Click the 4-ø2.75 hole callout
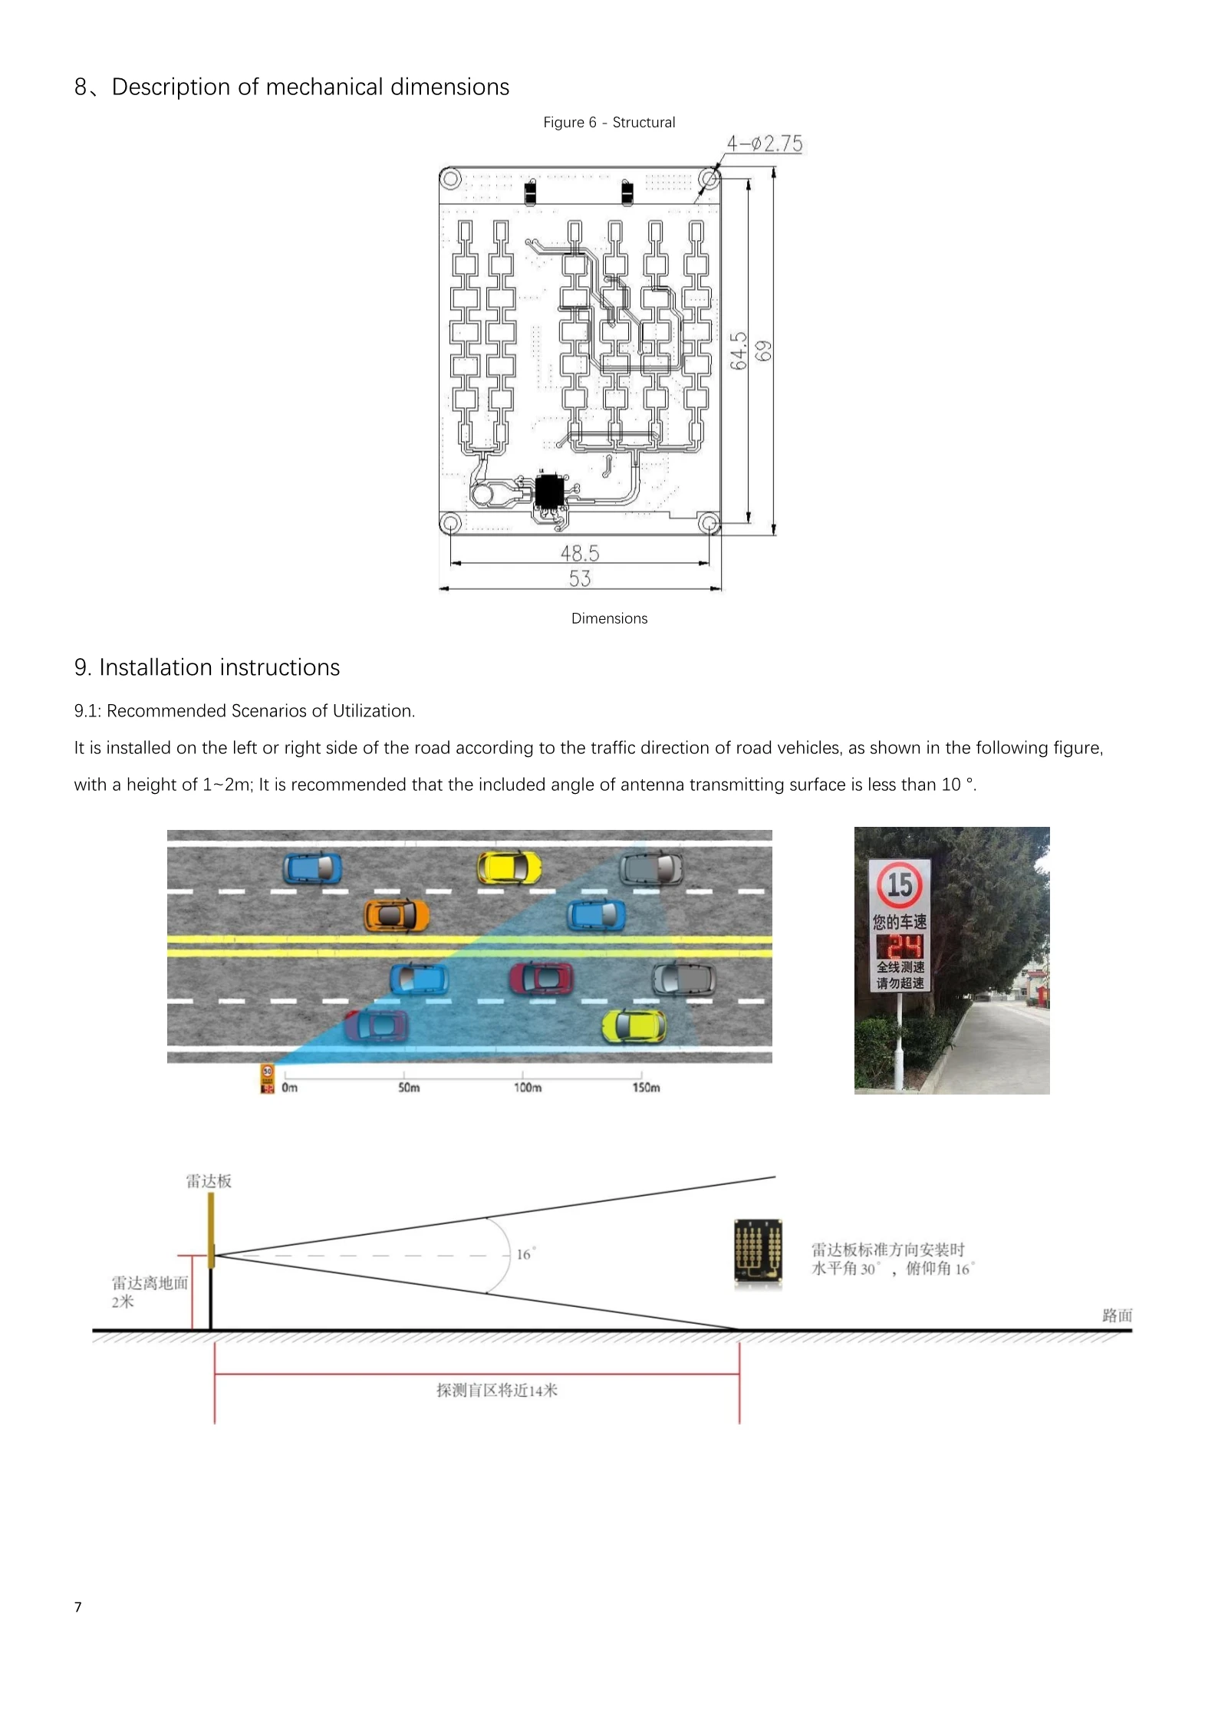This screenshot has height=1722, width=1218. click(x=764, y=143)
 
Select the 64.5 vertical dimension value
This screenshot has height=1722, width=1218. click(x=739, y=351)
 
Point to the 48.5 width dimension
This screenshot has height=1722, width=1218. click(x=580, y=552)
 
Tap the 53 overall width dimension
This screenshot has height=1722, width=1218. click(x=580, y=578)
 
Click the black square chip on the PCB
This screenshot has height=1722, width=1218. click(x=548, y=492)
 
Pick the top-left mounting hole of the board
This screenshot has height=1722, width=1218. click(x=450, y=179)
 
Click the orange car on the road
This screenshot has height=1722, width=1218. click(x=396, y=915)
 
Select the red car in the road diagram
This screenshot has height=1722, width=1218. click(x=541, y=977)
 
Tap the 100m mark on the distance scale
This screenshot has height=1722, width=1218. click(x=527, y=1087)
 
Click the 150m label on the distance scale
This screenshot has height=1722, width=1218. click(x=646, y=1087)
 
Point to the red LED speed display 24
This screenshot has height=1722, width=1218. click(x=900, y=946)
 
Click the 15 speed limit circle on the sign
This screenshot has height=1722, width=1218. click(x=899, y=885)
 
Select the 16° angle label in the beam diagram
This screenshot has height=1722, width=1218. click(x=525, y=1254)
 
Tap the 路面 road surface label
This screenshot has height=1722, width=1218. click(x=1117, y=1315)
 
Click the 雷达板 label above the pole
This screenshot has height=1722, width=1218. click(x=209, y=1181)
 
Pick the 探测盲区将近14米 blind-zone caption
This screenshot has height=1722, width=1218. click(x=497, y=1390)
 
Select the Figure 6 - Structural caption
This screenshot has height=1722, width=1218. click(x=609, y=123)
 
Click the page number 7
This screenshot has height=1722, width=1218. click(x=77, y=1607)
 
